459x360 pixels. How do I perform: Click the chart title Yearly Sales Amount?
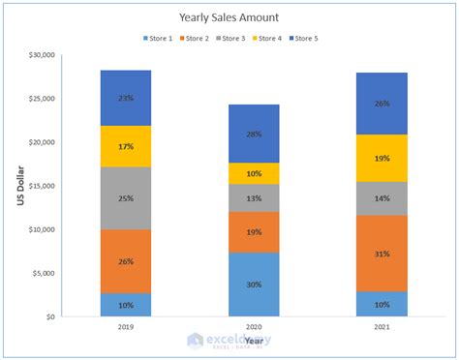[x=229, y=17]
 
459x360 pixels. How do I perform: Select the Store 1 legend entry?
[x=157, y=38]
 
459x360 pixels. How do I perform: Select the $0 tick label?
[x=47, y=316]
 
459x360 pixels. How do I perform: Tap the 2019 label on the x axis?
[x=126, y=329]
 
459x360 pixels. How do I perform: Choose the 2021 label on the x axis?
[x=382, y=329]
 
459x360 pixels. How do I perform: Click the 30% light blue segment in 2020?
[x=254, y=284]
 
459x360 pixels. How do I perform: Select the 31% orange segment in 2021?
[x=382, y=254]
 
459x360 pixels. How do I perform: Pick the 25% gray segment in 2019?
[x=126, y=198]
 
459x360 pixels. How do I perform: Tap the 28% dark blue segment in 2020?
[x=254, y=134]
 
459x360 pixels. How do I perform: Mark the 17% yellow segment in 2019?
[x=126, y=146]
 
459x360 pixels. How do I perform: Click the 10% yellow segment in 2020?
[x=254, y=173]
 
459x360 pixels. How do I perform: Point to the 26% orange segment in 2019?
[x=126, y=261]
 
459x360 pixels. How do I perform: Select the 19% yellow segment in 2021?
[x=382, y=157]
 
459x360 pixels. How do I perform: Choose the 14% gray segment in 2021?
[x=382, y=197]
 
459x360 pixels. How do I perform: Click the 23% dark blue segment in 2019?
[x=126, y=98]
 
